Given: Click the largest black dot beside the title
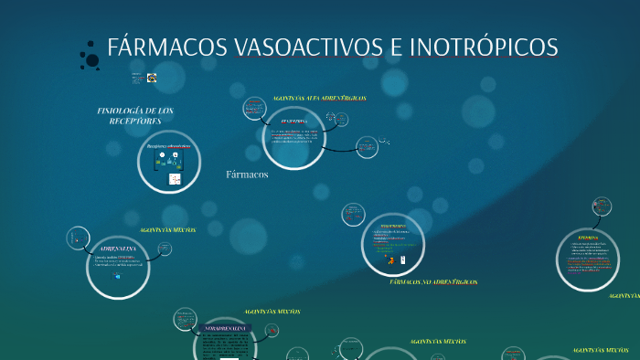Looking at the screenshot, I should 92,60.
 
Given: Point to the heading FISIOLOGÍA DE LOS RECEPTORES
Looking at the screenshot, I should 135,115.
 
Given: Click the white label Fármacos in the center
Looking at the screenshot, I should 247,174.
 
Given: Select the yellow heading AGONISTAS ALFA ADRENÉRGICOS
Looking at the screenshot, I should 319,97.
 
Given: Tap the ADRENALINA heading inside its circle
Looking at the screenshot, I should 117,249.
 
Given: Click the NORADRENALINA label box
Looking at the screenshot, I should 224,327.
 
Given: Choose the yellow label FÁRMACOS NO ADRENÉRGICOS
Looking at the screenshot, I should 433,282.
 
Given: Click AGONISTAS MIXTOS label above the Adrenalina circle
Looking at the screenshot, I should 167,230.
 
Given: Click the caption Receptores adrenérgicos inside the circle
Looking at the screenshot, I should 168,146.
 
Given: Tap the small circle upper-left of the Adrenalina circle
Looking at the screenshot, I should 78,238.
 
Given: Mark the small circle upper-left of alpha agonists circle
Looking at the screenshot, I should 254,109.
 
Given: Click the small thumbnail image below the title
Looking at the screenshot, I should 152,79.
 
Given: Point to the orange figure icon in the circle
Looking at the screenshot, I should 390,260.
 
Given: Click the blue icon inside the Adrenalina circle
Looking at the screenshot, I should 117,276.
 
